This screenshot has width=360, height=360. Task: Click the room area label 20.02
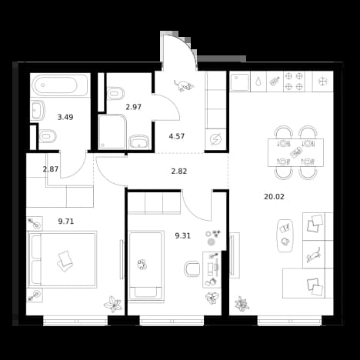274,197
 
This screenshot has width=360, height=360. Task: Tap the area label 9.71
66,222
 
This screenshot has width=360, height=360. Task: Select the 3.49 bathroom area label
65,117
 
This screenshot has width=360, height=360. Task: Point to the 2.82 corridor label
179,171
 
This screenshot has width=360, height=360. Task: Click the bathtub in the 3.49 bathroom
61,85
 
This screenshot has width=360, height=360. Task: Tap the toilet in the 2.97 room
116,93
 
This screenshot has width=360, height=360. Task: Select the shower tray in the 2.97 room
112,132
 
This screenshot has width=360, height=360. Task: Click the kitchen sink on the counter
240,82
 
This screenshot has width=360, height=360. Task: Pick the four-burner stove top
295,82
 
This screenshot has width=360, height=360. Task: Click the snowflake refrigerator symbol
323,82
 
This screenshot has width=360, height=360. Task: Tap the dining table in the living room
295,152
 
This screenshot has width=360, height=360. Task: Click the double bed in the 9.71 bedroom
62,259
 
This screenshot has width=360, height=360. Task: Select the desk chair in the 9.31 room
192,268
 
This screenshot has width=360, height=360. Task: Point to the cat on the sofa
314,255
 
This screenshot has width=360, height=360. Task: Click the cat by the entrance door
184,85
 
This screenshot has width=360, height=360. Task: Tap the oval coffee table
285,235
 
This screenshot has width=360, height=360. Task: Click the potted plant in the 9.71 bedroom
113,304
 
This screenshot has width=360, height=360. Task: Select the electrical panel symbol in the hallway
215,140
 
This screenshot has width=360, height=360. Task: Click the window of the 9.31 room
172,321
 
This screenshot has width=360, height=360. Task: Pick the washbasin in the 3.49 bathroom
38,111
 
